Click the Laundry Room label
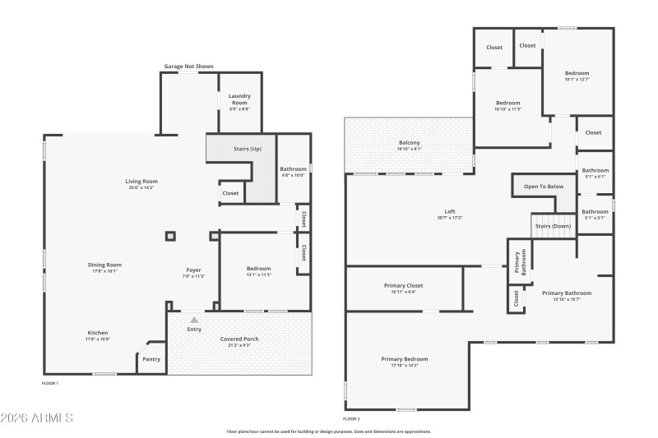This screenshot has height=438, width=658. click(239, 96)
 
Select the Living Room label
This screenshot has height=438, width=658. click(141, 181)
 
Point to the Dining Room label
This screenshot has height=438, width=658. click(104, 265)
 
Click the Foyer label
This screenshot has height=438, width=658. click(193, 270)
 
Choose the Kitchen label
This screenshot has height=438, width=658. click(98, 332)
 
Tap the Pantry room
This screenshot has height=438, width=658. click(151, 358)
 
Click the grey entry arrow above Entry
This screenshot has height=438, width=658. click(194, 320)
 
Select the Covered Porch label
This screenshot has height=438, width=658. click(239, 339)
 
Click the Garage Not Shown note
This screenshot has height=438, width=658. click(188, 66)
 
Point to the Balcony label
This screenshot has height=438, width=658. click(409, 142)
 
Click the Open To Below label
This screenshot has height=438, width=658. click(544, 187)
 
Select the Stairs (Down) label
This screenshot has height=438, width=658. click(552, 225)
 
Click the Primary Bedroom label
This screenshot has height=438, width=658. click(404, 358)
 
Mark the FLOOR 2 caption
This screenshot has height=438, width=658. click(351, 418)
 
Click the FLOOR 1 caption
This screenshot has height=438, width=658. click(50, 383)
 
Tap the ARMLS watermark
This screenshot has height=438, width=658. click(37, 418)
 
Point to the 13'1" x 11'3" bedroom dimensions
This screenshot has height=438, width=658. click(258, 275)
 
